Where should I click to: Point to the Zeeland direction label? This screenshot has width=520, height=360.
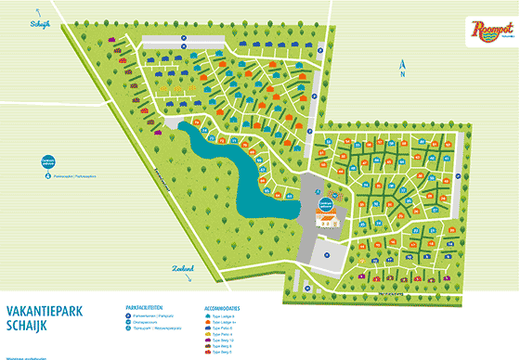pyautogui.click(x=184, y=267)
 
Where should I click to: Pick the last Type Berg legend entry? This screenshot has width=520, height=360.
pyautogui.click(x=224, y=353)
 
